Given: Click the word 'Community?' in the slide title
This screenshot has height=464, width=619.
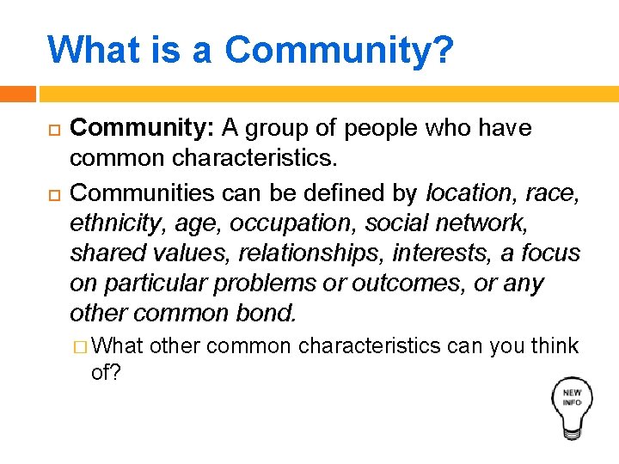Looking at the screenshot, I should click(x=339, y=50).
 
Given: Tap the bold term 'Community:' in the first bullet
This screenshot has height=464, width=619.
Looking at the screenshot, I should click(x=142, y=128).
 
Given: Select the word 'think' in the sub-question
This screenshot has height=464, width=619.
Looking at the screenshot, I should click(x=555, y=345).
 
